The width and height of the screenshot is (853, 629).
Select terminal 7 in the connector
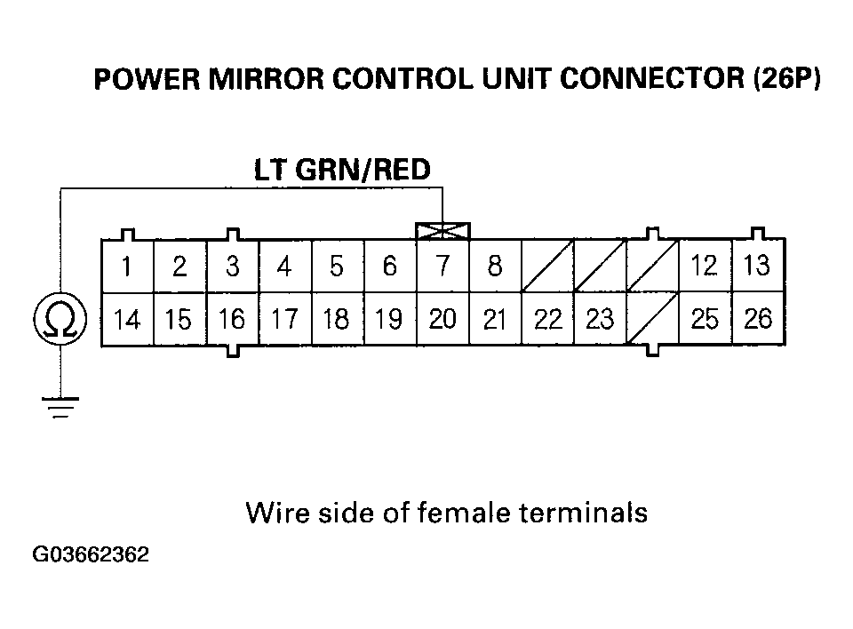(442, 267)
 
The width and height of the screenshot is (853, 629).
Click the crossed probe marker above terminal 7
(442, 231)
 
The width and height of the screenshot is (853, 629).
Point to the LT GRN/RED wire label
(343, 170)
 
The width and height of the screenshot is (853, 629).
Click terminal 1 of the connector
(128, 267)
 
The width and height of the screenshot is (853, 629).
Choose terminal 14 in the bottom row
(128, 319)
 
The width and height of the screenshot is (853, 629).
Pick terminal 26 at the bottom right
(758, 318)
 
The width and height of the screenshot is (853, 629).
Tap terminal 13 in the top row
(757, 266)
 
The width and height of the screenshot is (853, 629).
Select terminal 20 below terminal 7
(442, 319)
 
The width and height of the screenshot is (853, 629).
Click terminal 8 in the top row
(495, 267)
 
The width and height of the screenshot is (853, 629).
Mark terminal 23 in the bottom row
(600, 319)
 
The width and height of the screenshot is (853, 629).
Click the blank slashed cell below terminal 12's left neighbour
(652, 319)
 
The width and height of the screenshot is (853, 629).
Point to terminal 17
(284, 319)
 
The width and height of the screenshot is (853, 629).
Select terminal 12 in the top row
(705, 266)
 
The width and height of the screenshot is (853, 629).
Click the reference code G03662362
(91, 556)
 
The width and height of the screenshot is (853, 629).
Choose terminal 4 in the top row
(284, 267)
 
